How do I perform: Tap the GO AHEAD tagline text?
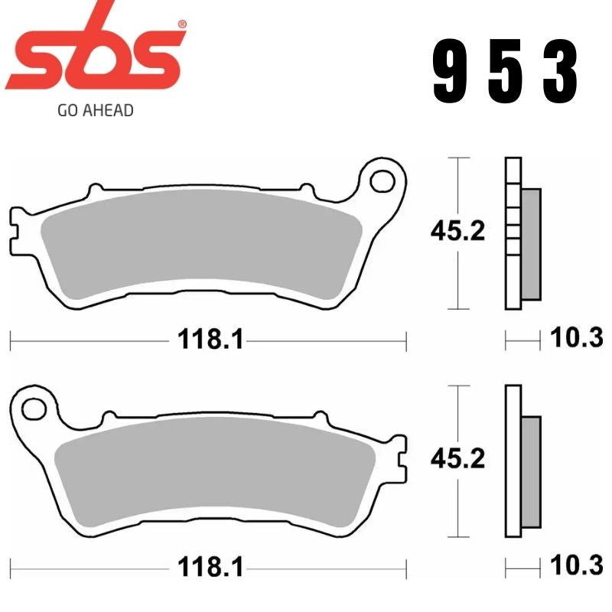pos(96,110)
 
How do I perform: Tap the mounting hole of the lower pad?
pos(33,407)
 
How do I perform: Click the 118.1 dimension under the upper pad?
pos(210,338)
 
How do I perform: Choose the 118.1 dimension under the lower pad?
pos(210,567)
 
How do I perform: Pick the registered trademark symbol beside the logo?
pos(181,24)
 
